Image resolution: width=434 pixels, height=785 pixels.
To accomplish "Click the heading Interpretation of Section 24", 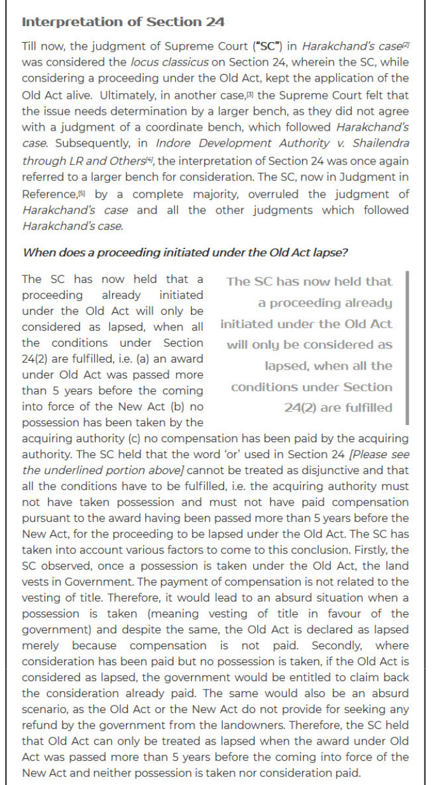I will (123, 22).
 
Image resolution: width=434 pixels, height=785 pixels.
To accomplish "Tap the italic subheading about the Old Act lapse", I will (185, 252).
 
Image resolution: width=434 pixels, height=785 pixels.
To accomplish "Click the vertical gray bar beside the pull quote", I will (407, 347).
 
